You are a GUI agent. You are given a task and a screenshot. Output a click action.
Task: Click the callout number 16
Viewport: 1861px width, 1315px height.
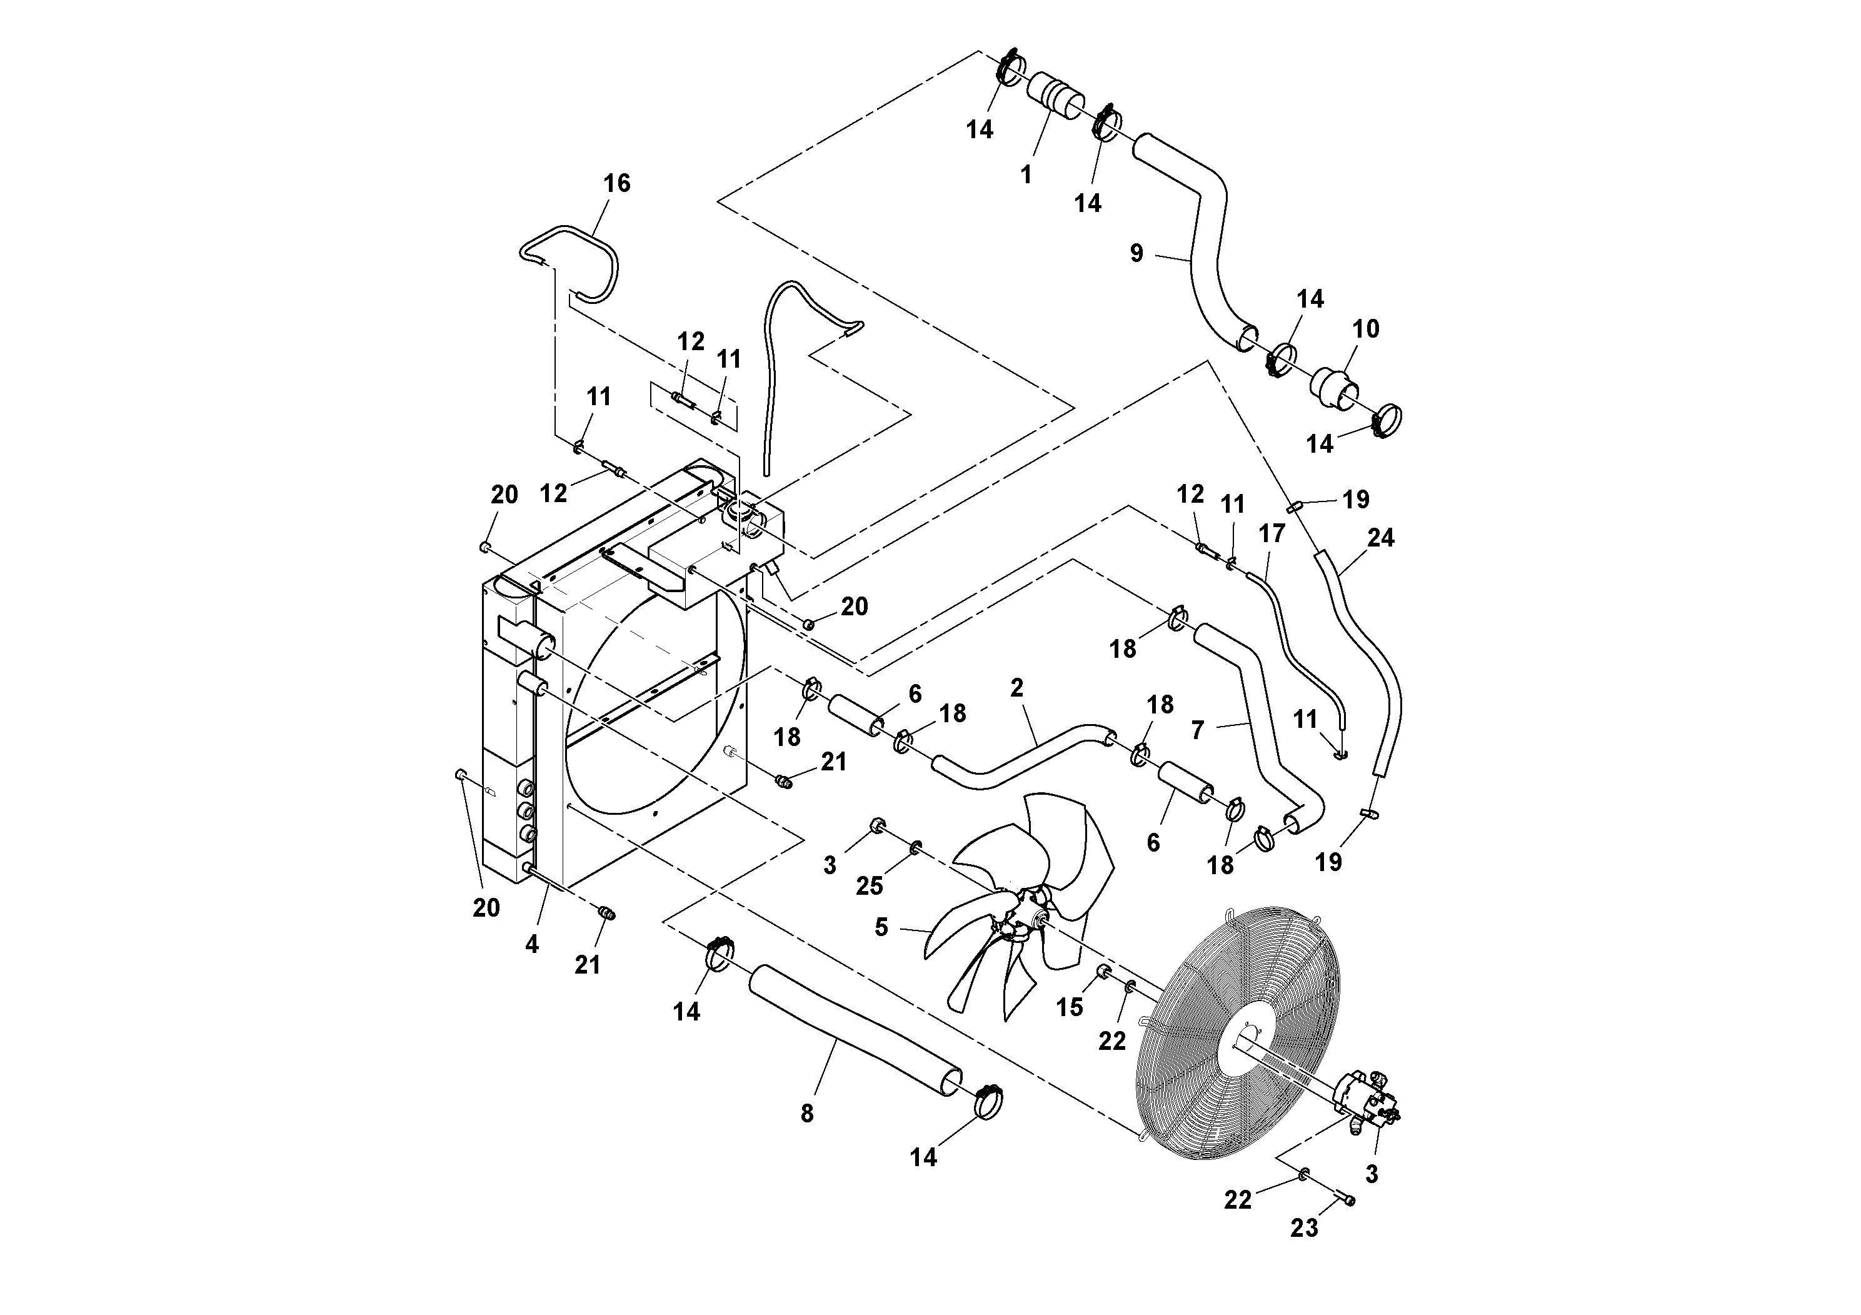click(617, 183)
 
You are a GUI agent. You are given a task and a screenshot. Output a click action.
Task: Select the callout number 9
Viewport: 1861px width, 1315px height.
click(1136, 254)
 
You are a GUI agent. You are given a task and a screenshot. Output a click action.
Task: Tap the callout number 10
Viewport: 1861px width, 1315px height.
click(1366, 328)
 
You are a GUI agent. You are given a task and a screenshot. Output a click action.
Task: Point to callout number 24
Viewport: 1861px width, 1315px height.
click(1381, 538)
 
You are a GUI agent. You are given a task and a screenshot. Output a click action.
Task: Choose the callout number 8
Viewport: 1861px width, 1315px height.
click(806, 1114)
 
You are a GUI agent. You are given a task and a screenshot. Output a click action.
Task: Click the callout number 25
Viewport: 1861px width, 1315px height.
click(869, 886)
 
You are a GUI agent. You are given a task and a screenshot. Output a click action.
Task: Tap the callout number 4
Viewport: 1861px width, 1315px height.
click(532, 944)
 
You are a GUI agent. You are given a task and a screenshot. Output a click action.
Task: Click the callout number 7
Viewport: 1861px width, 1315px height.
click(1199, 730)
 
